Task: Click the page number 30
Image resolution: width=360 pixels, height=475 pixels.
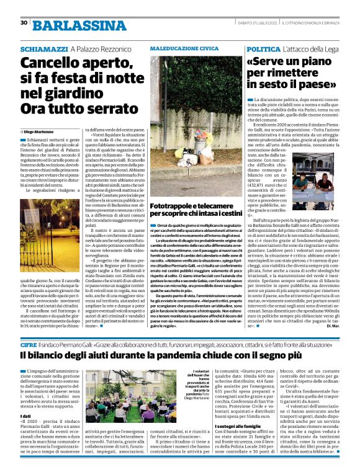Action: click(24, 23)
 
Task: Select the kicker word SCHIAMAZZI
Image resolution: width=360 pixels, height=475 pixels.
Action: click(43, 48)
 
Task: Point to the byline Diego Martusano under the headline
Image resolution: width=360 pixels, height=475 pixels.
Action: click(47, 132)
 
